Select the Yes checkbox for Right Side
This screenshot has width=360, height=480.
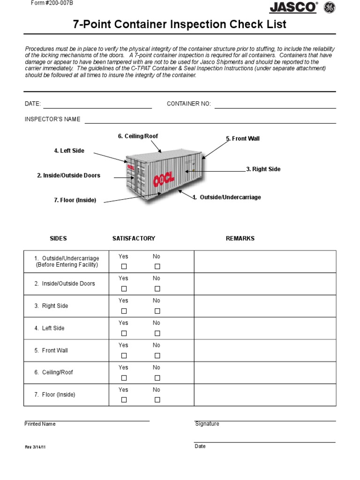124,311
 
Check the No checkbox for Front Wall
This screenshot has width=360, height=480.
157,355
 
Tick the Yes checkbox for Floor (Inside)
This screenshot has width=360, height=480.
124,400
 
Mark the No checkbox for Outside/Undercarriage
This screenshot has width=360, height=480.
157,266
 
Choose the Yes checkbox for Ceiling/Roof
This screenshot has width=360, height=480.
124,378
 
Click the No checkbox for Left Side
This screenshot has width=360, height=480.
157,333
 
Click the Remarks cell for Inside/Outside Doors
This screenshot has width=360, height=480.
265,284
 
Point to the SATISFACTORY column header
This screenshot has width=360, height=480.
134,239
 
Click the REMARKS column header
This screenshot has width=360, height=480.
240,239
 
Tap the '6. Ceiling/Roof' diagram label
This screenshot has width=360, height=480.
138,136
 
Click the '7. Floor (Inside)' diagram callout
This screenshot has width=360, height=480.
75,200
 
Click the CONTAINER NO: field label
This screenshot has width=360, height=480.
189,104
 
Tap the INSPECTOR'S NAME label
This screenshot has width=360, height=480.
52,119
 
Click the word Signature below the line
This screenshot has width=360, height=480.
207,424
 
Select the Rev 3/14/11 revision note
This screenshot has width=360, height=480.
35,447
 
